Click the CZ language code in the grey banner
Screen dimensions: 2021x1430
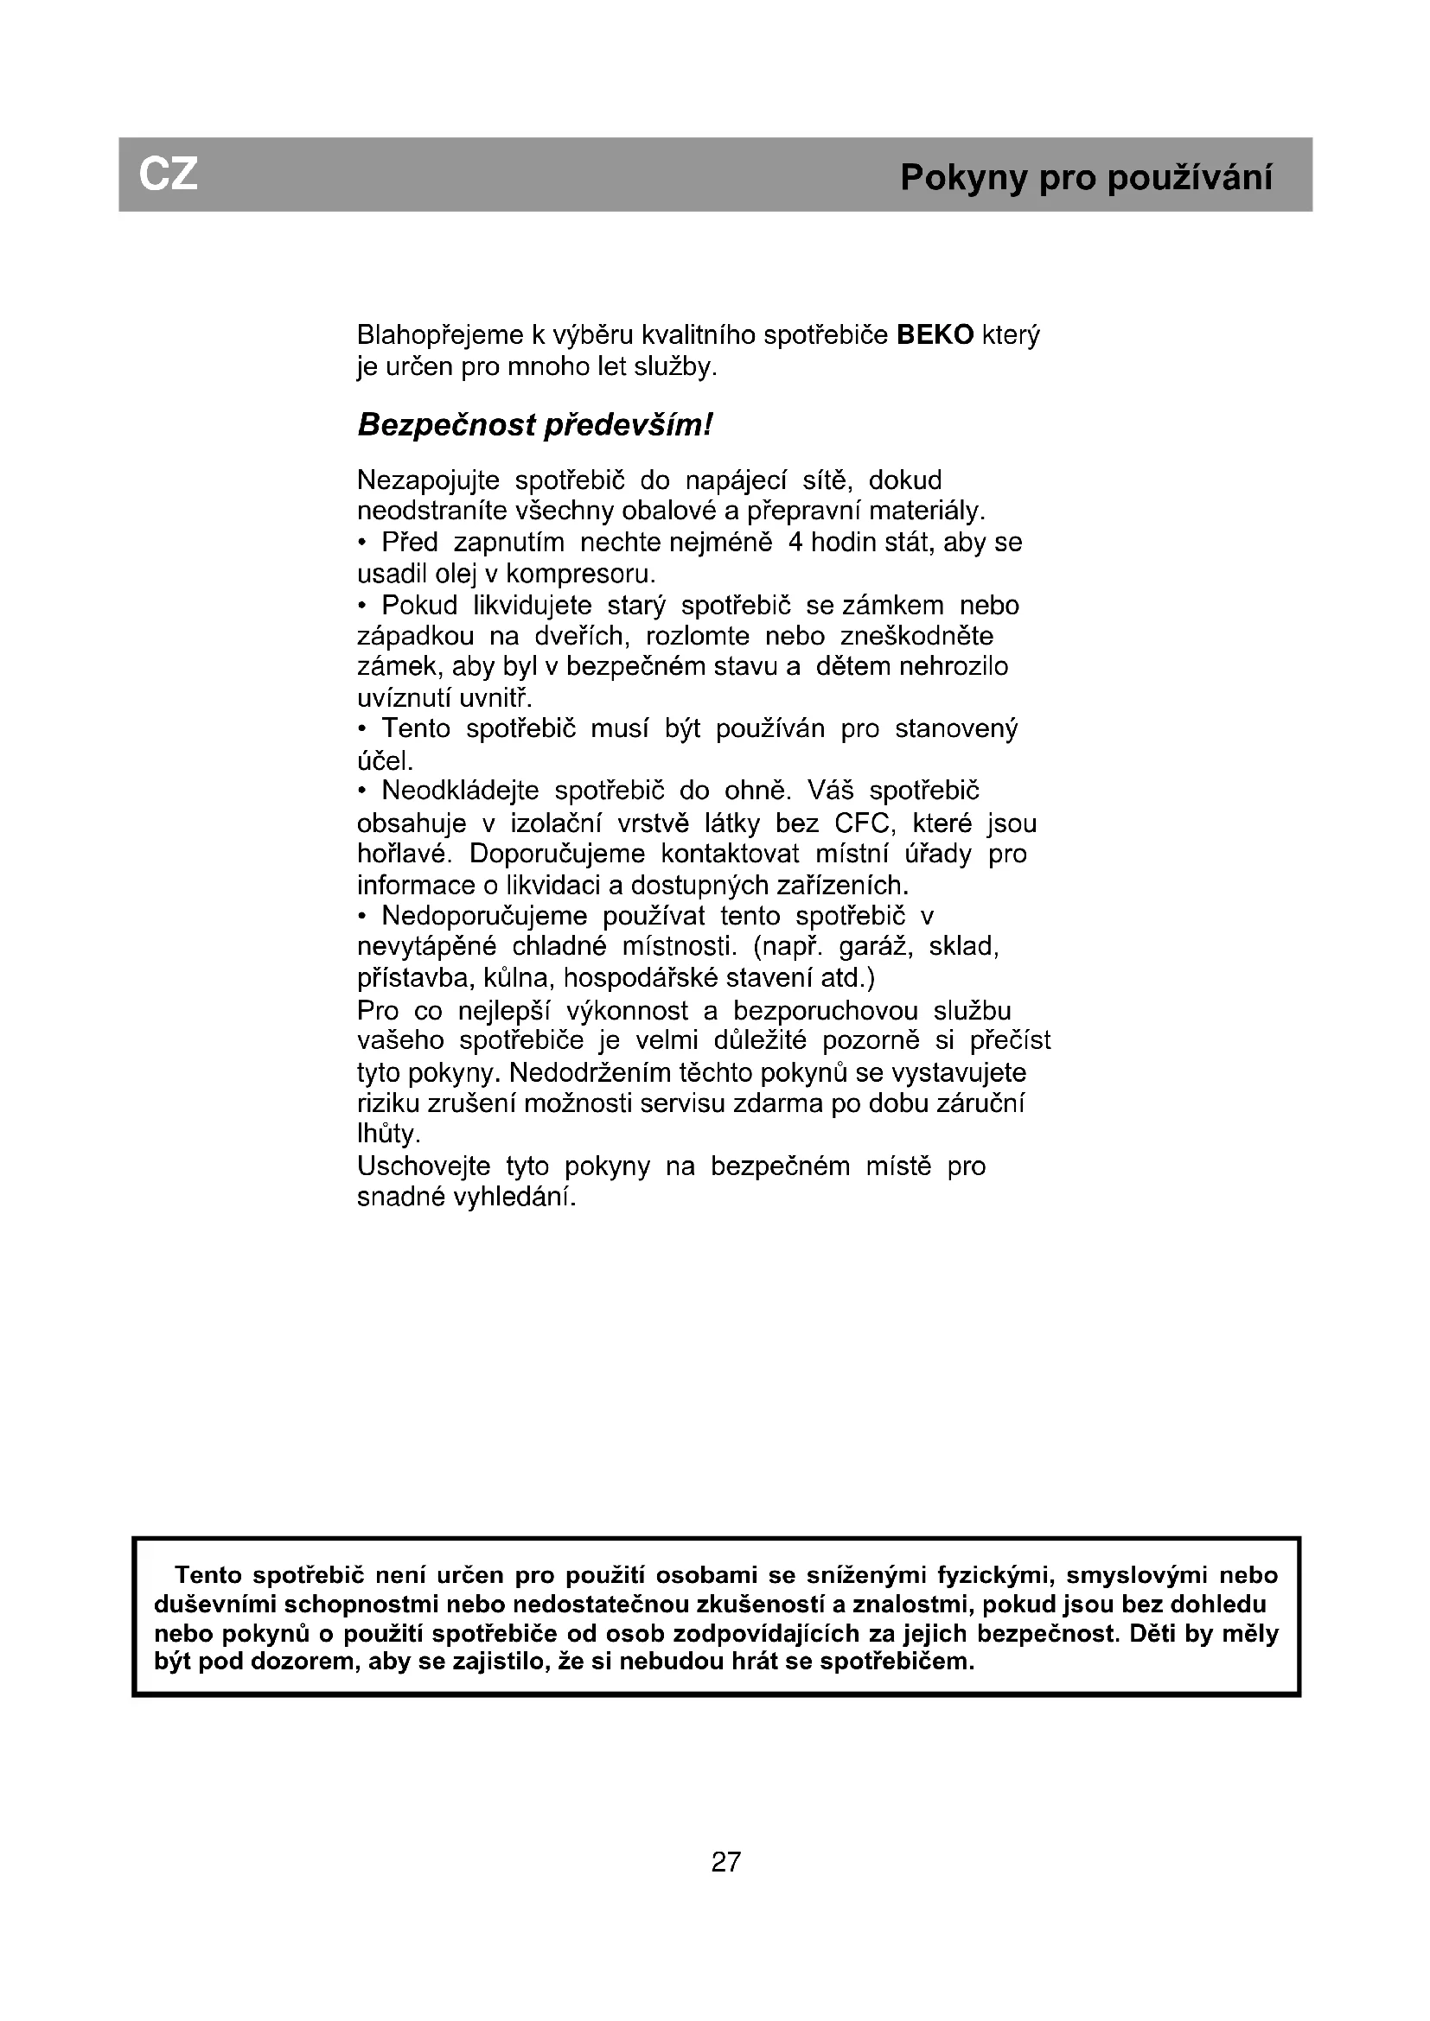click(169, 175)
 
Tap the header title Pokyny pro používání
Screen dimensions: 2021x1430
click(1086, 178)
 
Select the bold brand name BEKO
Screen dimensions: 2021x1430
click(935, 335)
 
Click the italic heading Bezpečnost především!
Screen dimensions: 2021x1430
click(534, 426)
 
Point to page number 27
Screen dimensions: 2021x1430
click(726, 1862)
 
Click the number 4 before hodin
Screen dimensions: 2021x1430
click(795, 543)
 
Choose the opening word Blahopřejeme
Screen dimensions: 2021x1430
click(439, 335)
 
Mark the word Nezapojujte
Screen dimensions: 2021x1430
click(428, 480)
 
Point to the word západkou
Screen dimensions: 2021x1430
click(416, 637)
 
